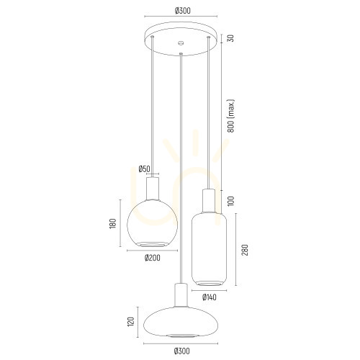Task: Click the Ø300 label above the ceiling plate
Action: point(183,11)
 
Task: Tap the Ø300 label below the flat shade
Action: point(182,351)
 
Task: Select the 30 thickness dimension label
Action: point(230,38)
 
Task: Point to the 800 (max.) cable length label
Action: point(230,116)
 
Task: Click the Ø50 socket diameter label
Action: point(144,168)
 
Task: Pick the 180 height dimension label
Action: point(113,223)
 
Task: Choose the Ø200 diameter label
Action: point(153,258)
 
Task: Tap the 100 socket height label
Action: point(230,201)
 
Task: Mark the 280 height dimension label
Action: point(245,250)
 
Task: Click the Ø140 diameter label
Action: point(210,297)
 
